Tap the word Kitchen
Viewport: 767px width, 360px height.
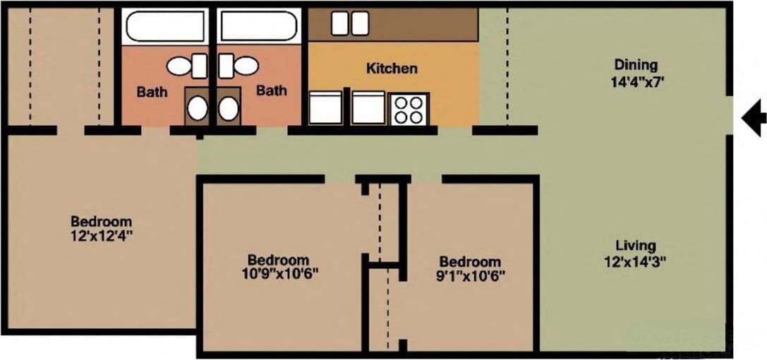(392, 68)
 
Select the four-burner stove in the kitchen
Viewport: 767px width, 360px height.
(408, 109)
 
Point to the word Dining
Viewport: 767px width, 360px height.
(635, 66)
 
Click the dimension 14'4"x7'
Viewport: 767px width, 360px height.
(637, 81)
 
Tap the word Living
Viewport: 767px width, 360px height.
(635, 246)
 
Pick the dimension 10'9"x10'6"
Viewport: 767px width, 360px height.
(278, 274)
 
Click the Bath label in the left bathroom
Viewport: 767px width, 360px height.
(152, 91)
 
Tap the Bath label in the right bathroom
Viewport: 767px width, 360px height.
(272, 90)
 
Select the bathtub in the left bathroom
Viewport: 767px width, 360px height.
(165, 26)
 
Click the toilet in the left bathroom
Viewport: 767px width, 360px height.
(186, 66)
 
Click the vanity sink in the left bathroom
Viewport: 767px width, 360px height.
(197, 108)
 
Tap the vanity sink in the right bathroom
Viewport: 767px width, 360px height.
(228, 108)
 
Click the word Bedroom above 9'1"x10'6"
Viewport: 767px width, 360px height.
(469, 260)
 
